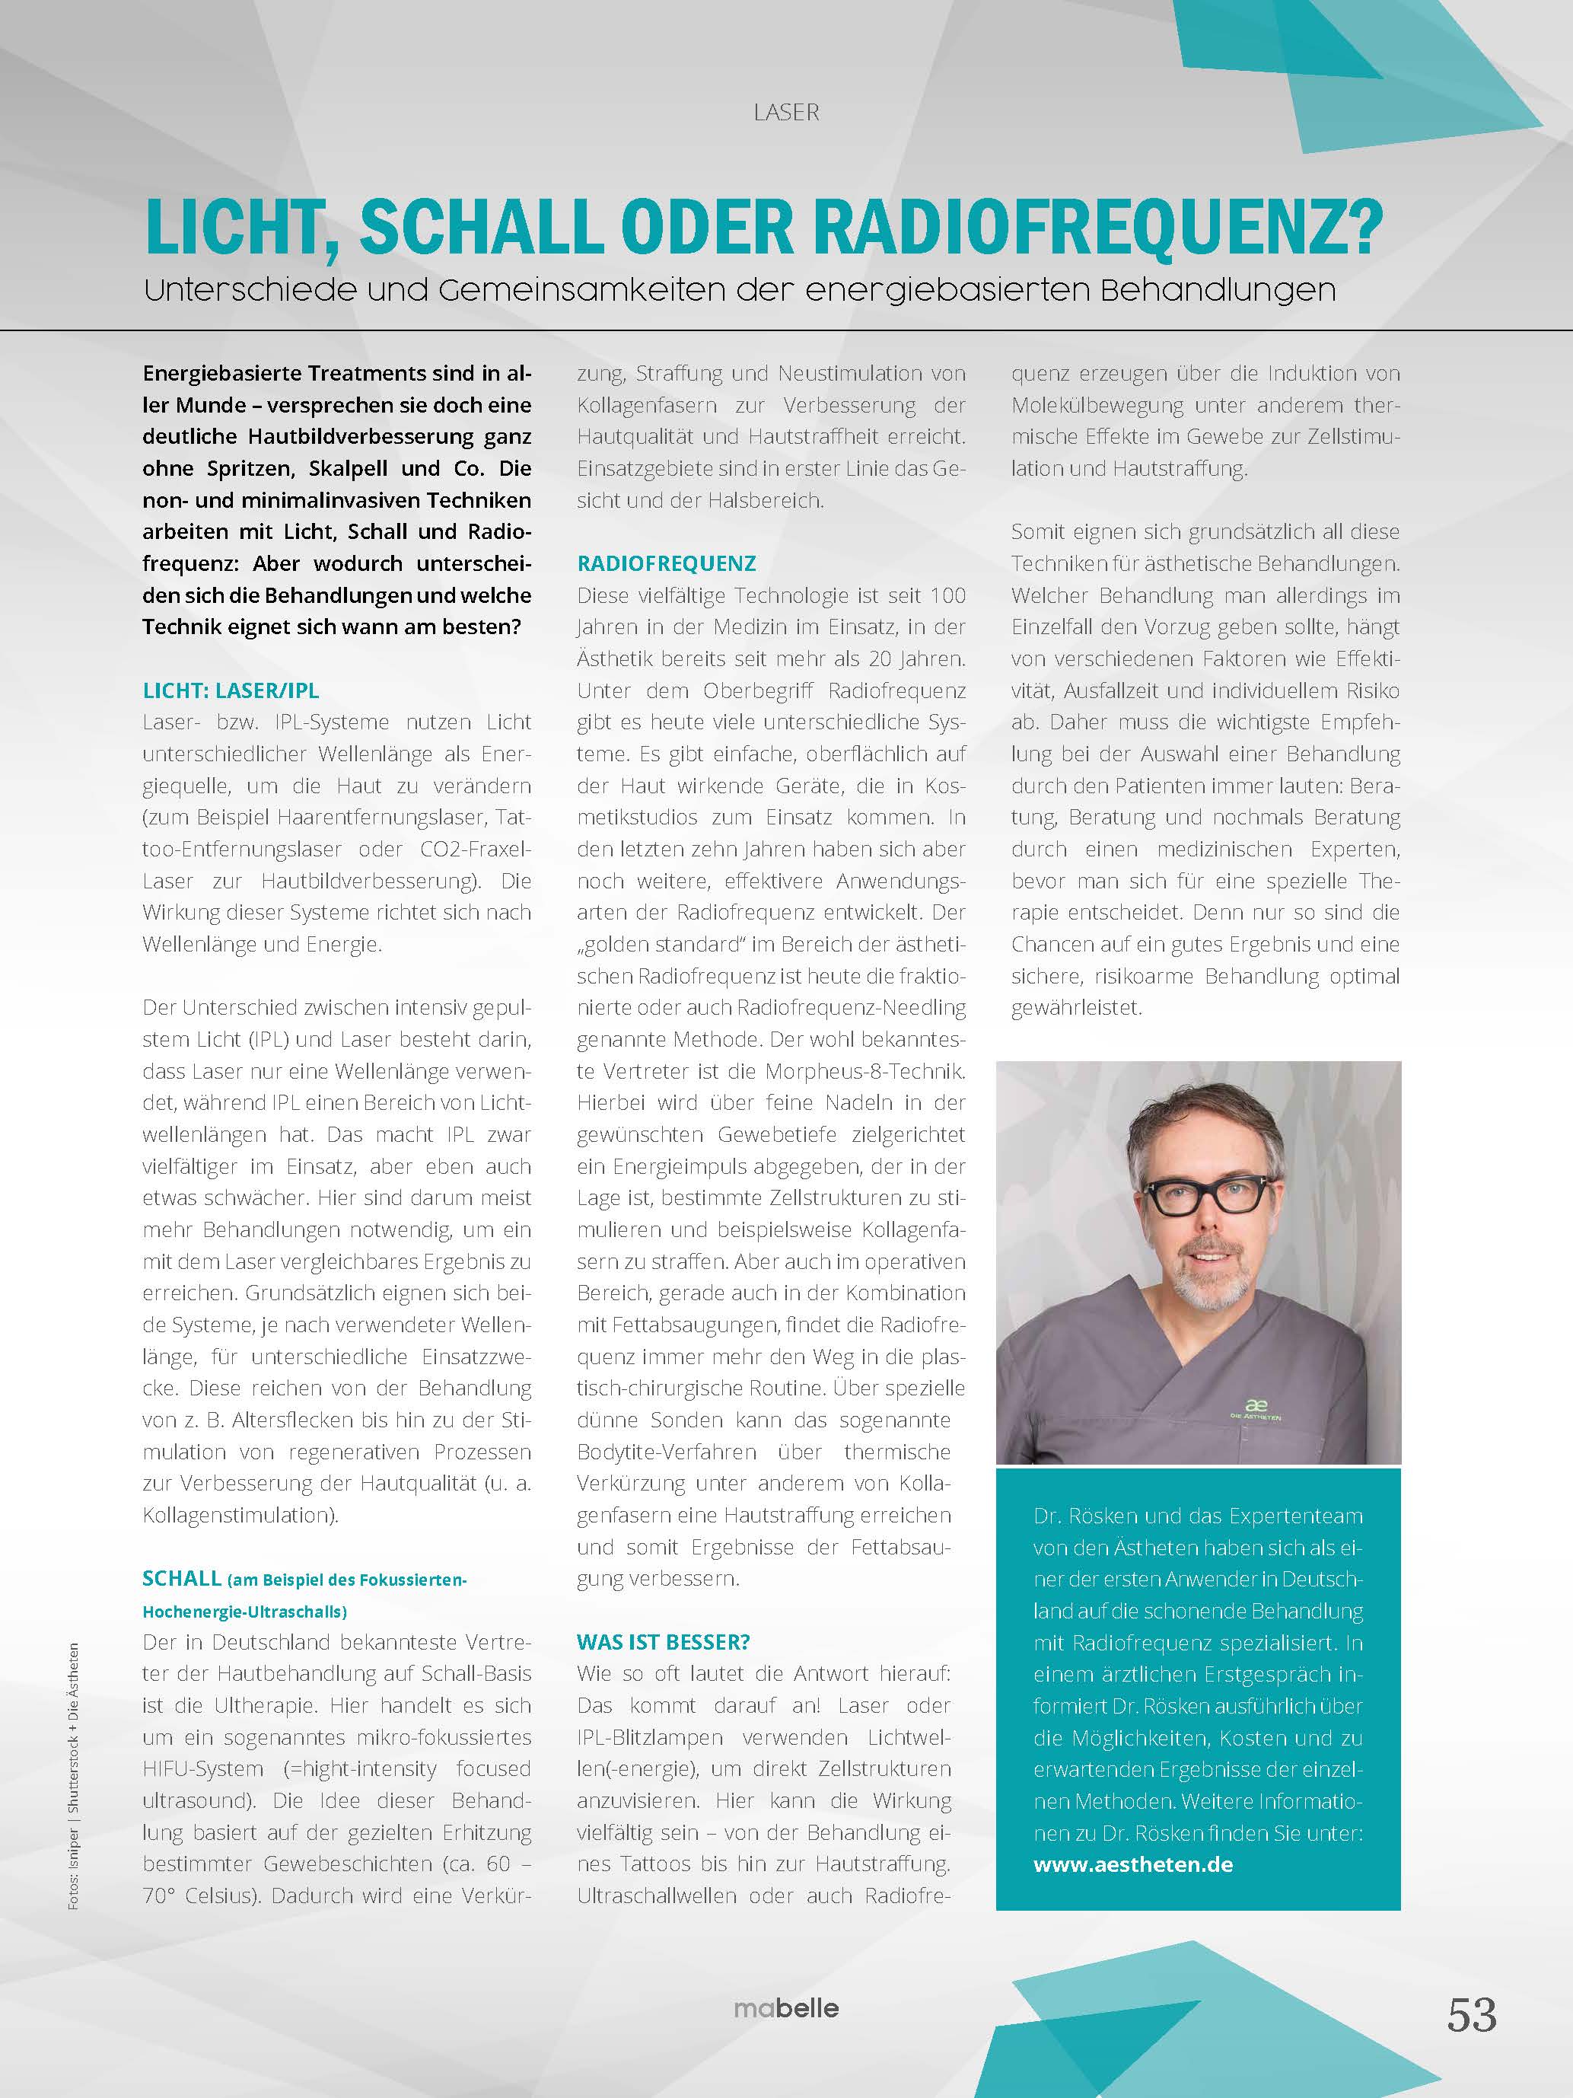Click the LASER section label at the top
point(786,112)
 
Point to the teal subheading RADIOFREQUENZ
point(667,563)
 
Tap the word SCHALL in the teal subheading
point(182,1578)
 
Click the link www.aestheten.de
point(1133,1864)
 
